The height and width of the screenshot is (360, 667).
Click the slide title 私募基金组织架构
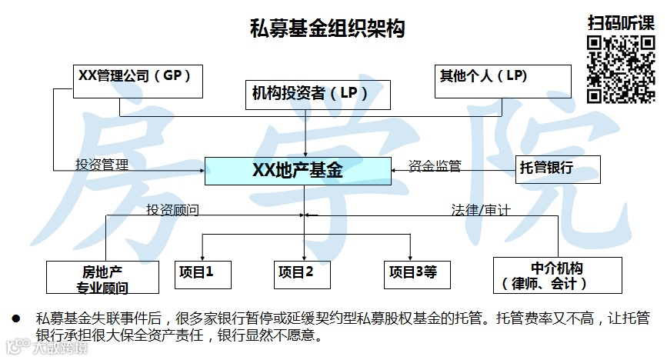coord(328,29)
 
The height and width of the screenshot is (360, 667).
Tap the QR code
coord(620,68)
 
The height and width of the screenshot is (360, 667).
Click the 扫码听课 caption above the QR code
coord(621,22)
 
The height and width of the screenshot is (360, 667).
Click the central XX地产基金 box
coord(298,170)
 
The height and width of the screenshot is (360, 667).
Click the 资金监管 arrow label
coord(435,165)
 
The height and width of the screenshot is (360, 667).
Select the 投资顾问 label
coord(173,208)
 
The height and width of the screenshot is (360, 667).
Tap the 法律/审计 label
coord(481,208)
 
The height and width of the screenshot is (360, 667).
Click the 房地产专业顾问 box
coord(102,278)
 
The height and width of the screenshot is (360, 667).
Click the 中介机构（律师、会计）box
coord(557,275)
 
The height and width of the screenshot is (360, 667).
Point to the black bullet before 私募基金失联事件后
coord(14,318)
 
